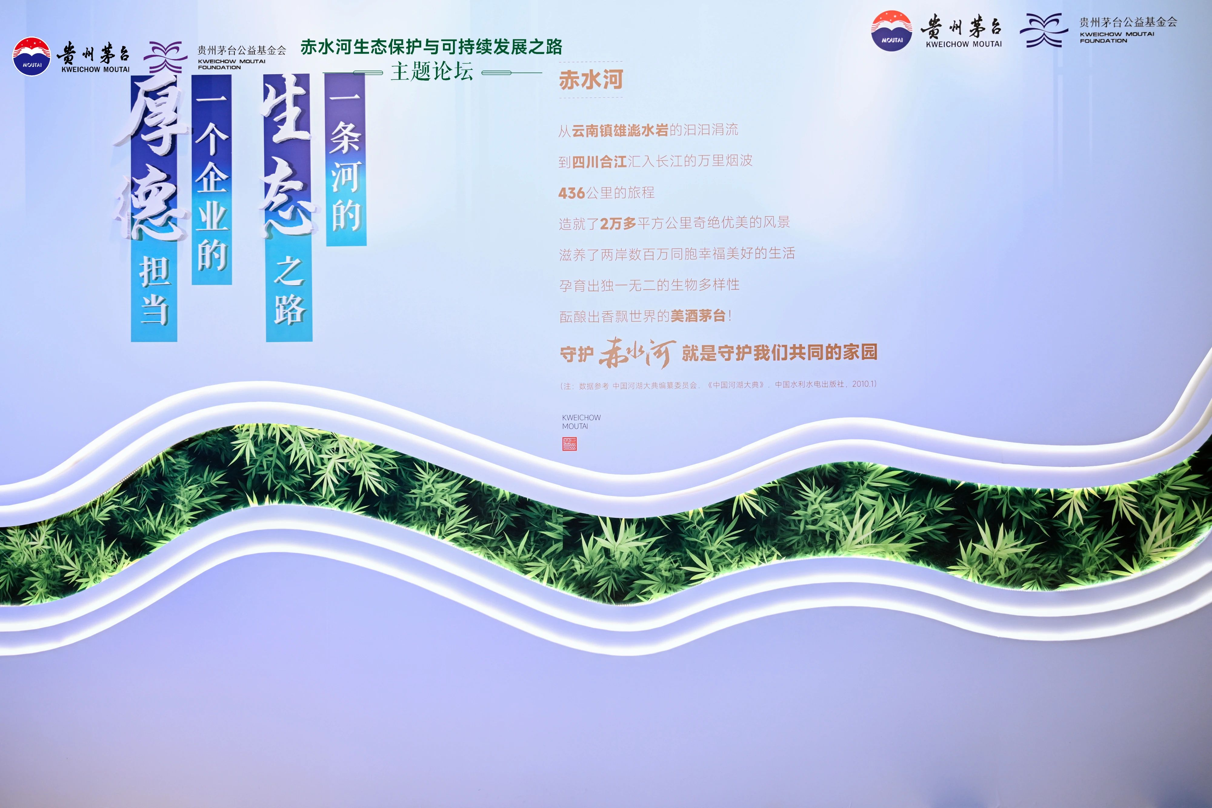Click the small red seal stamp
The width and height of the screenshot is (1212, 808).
(x=569, y=444)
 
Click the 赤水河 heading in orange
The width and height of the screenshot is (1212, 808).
(x=591, y=80)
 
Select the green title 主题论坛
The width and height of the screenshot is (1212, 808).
(x=432, y=71)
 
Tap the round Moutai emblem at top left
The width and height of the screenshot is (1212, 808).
(x=32, y=56)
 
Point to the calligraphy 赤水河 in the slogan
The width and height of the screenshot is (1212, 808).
(x=637, y=353)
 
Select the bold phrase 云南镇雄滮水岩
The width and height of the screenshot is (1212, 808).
(x=620, y=130)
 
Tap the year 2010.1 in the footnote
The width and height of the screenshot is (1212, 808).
(x=864, y=384)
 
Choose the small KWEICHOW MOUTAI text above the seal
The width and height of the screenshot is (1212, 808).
(x=581, y=421)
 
